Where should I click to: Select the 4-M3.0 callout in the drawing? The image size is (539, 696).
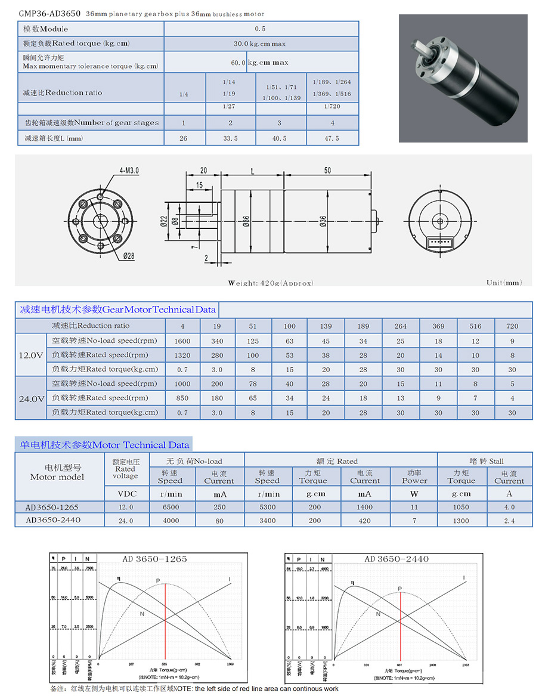(129, 170)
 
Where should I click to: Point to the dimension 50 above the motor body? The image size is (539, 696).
(327, 170)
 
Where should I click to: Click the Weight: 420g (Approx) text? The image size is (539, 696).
(270, 283)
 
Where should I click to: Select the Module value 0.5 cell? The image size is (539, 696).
(261, 29)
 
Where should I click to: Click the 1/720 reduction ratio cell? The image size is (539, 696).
(332, 107)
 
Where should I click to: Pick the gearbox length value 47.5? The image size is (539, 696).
(332, 138)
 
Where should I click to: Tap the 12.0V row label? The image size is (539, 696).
(30, 355)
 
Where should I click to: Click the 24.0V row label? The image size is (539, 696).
(30, 398)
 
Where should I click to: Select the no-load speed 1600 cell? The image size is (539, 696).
(182, 341)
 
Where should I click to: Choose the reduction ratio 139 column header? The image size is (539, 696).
(326, 326)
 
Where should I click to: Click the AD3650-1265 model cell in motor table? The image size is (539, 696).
(52, 507)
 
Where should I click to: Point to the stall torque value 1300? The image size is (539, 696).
(461, 521)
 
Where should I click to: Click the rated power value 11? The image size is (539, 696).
(414, 507)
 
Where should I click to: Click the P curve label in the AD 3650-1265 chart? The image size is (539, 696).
(158, 580)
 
